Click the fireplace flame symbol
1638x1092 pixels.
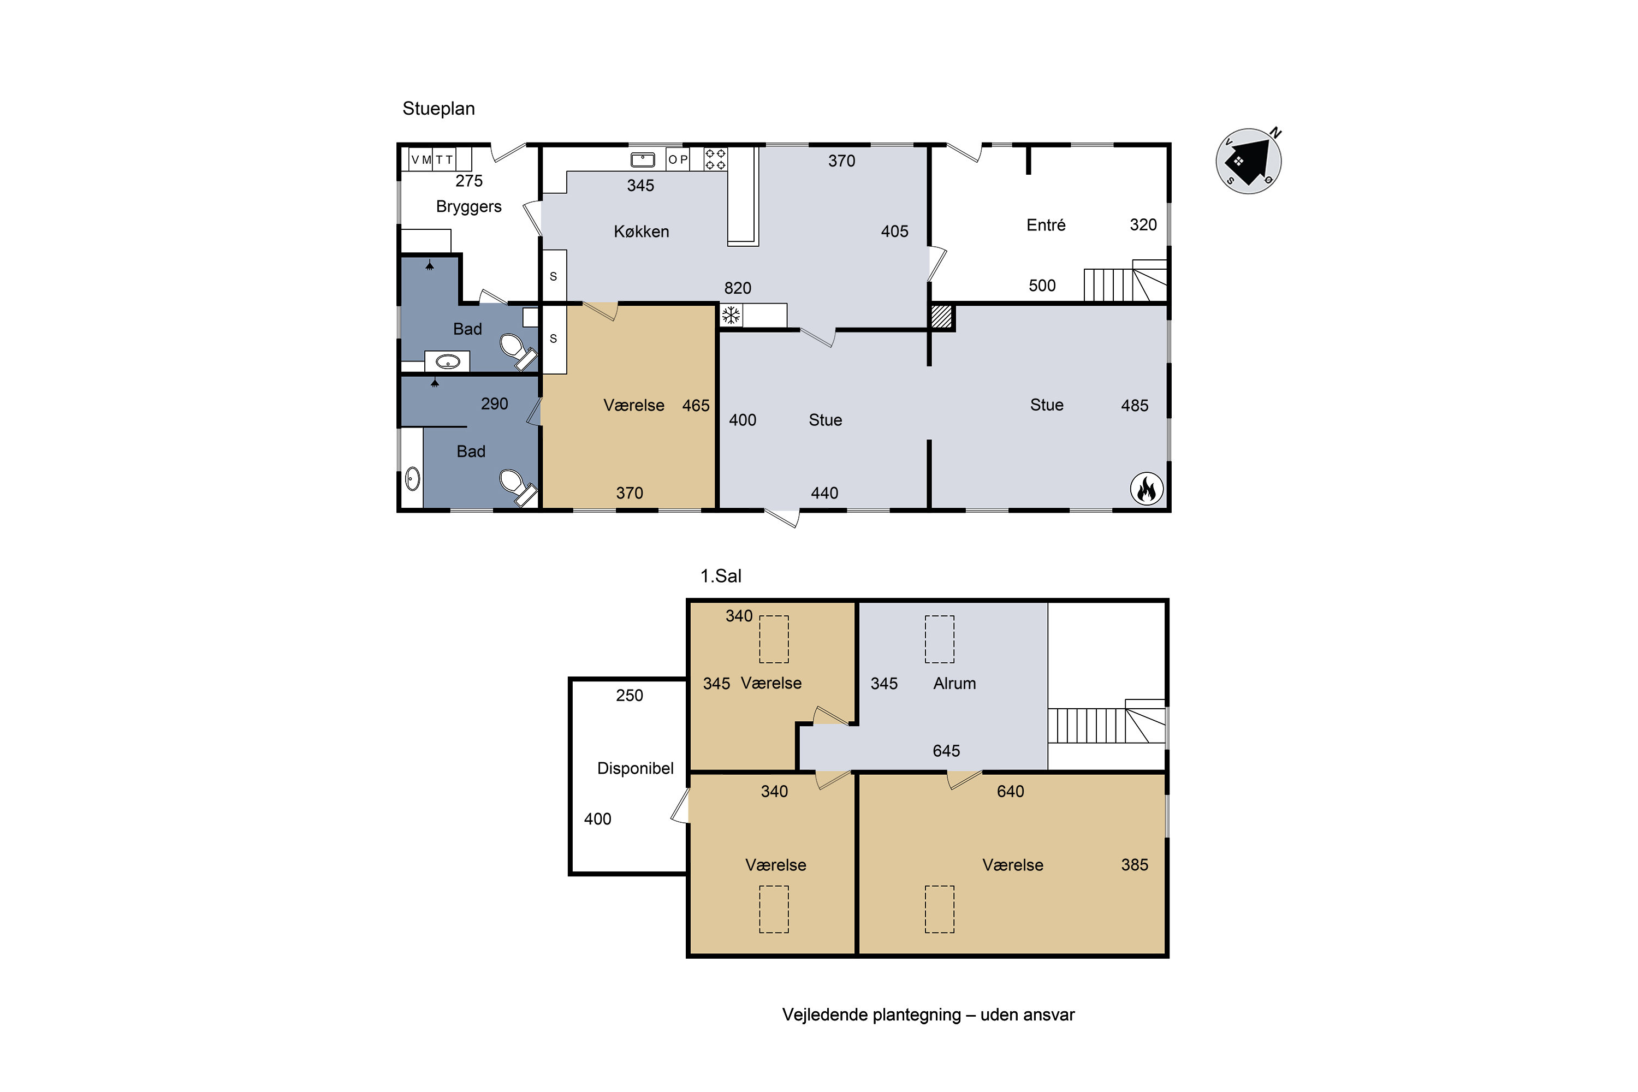1146,489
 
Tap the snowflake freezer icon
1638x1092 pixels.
731,316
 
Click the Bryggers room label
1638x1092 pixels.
468,207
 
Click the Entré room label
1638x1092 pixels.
1046,225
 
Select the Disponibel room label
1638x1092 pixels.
635,768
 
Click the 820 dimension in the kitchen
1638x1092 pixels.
738,288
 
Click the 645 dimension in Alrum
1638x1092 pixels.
946,751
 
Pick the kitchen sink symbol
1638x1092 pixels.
643,159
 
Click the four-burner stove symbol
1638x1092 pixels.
715,159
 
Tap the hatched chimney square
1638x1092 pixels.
941,316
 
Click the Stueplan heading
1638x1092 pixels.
439,109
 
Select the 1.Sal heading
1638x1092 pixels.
721,576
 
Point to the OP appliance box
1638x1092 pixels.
678,159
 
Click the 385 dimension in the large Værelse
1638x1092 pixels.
1135,865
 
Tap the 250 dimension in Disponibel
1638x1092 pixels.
630,696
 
